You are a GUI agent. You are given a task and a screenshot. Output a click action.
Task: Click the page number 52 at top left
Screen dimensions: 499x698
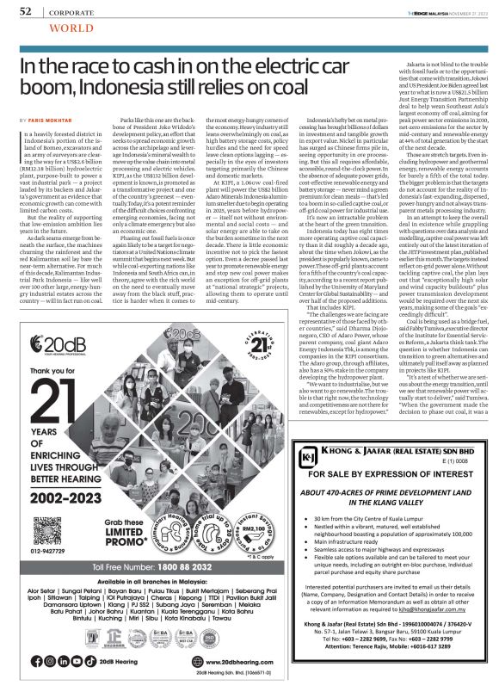pyautogui.click(x=25, y=12)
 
